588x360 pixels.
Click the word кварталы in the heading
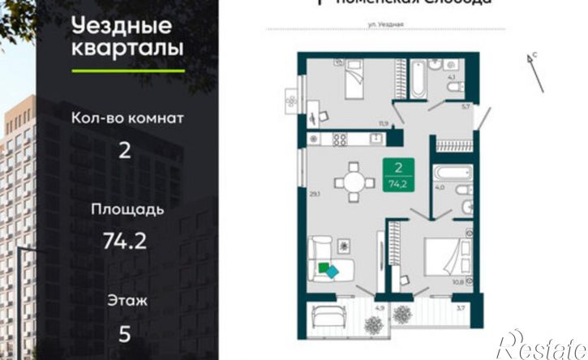[127, 48]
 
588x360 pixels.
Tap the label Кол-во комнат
[128, 118]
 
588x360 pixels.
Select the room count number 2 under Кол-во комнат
[125, 152]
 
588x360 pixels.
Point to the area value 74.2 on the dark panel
[126, 240]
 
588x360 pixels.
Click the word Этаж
[127, 301]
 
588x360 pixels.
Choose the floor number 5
[126, 333]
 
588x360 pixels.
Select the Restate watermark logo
[541, 345]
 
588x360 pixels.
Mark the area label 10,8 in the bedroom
[457, 282]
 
